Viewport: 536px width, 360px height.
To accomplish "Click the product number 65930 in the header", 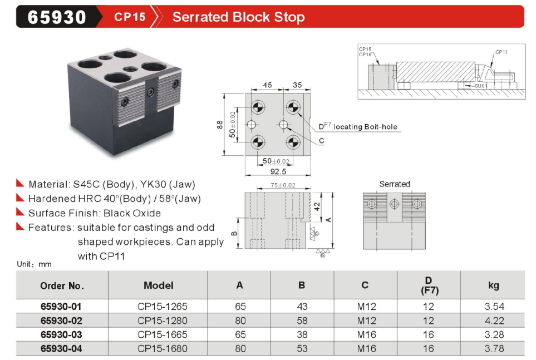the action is pyautogui.click(x=57, y=17).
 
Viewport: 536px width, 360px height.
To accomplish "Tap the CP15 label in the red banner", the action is pyautogui.click(x=130, y=17).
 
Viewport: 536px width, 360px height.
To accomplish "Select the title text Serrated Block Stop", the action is pyautogui.click(x=238, y=17).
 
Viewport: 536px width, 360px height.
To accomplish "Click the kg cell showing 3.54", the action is pyautogui.click(x=494, y=307).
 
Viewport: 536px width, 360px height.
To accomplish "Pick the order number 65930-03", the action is pyautogui.click(x=61, y=334).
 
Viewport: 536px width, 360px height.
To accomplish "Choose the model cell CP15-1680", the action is pyautogui.click(x=163, y=348).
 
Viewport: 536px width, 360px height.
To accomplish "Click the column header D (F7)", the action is pyautogui.click(x=429, y=285).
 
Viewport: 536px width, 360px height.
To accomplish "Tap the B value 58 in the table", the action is pyautogui.click(x=302, y=320).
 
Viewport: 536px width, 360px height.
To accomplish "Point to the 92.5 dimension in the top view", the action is pyautogui.click(x=278, y=171).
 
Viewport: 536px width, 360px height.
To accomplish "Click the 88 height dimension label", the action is pyautogui.click(x=219, y=125).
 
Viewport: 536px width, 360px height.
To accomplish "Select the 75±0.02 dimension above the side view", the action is pyautogui.click(x=283, y=185).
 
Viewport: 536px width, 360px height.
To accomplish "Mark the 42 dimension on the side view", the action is pyautogui.click(x=317, y=206).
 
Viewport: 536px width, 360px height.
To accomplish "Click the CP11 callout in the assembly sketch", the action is pyautogui.click(x=501, y=52).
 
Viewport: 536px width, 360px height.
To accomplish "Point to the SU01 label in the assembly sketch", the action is pyautogui.click(x=481, y=86).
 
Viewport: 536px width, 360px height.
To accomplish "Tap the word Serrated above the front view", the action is pyautogui.click(x=395, y=184).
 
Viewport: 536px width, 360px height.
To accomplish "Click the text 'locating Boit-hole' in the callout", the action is pyautogui.click(x=365, y=127).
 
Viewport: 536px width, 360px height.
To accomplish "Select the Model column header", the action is pyautogui.click(x=158, y=285).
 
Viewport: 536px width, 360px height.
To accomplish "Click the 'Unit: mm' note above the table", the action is pyautogui.click(x=34, y=264).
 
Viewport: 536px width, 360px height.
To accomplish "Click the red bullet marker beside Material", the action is pyautogui.click(x=20, y=183).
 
